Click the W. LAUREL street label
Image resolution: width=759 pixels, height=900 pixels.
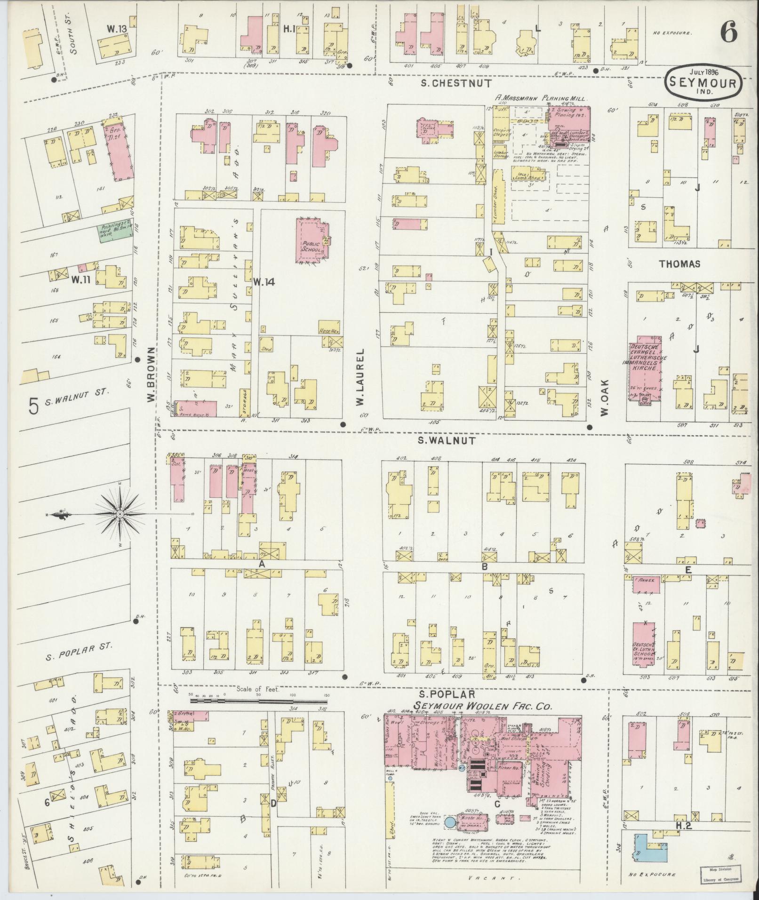[x=361, y=377]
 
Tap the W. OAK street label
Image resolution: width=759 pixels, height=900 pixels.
[x=605, y=398]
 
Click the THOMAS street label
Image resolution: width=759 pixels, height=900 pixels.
[x=679, y=264]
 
